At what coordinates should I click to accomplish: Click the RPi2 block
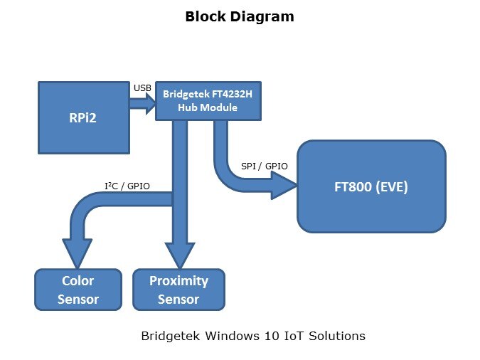coord(84,117)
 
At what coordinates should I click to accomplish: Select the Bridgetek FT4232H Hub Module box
coord(208,100)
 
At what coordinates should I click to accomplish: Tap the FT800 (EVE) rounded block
coord(371,187)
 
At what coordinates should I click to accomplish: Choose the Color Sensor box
coord(78,290)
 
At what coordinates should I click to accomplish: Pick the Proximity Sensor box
coord(178,290)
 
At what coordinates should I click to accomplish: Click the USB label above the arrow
coord(142,88)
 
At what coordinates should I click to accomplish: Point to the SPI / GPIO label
coord(265,166)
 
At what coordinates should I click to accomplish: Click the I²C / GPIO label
coord(127,187)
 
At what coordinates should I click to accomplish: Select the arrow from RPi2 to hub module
coord(142,103)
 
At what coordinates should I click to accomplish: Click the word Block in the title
coord(206,16)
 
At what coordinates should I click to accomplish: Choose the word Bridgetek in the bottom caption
coord(169,335)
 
